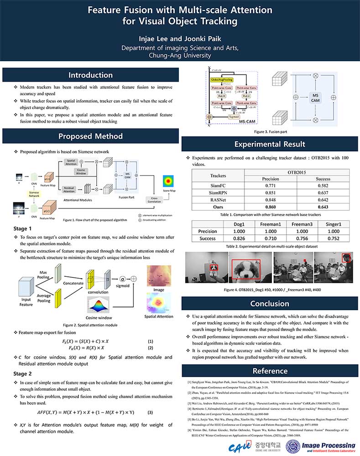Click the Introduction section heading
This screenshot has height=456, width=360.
click(x=90, y=75)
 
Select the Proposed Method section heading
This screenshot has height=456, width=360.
click(x=90, y=136)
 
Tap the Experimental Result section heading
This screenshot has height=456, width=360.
click(x=269, y=144)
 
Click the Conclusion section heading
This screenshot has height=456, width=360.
click(x=269, y=303)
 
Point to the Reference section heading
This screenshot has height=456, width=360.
click(x=269, y=370)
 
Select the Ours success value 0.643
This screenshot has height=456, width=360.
click(x=323, y=207)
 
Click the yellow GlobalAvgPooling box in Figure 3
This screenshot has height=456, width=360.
click(x=221, y=80)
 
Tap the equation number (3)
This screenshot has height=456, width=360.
click(x=150, y=412)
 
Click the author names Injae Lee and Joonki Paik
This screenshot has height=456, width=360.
click(x=180, y=38)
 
